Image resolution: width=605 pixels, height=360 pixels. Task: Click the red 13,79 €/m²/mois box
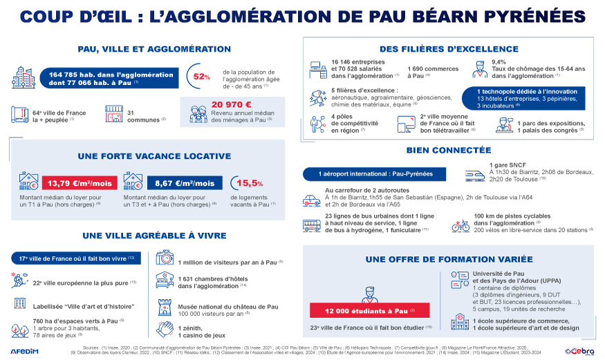tap(78, 183)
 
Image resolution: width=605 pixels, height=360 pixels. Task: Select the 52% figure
tap(202, 77)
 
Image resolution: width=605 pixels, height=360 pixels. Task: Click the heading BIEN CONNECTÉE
tap(439, 149)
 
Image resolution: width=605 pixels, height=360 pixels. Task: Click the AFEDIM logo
tap(24, 350)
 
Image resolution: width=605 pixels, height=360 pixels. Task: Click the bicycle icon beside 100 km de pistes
tap(460, 225)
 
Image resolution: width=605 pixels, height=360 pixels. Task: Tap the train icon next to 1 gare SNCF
tap(474, 174)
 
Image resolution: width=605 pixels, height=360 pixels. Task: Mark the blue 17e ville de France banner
tap(76, 258)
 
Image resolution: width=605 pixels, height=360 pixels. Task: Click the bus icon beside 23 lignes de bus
tap(311, 225)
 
